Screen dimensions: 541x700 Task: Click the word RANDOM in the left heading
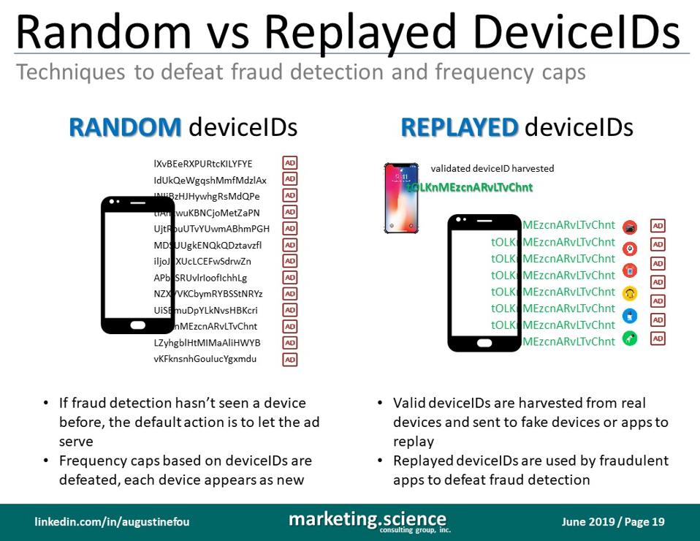[125, 128]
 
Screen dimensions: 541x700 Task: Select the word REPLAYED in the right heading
[459, 128]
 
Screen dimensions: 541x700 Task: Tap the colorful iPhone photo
[401, 197]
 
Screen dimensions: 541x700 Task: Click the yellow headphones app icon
[630, 293]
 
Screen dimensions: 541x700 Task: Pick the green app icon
[630, 338]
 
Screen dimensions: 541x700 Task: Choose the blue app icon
[630, 316]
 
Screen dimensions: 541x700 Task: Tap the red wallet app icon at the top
[630, 227]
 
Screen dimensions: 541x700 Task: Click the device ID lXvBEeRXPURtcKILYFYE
[203, 164]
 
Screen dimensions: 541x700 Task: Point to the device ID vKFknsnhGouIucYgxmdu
[205, 359]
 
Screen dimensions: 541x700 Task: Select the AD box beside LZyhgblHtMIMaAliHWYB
[290, 343]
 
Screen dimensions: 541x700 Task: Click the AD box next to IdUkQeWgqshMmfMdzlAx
[290, 179]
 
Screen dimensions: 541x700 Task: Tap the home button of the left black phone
[137, 324]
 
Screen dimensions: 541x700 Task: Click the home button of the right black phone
[484, 341]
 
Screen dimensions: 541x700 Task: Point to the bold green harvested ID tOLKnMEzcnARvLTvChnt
[470, 187]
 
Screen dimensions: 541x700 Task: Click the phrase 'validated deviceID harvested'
[492, 169]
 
